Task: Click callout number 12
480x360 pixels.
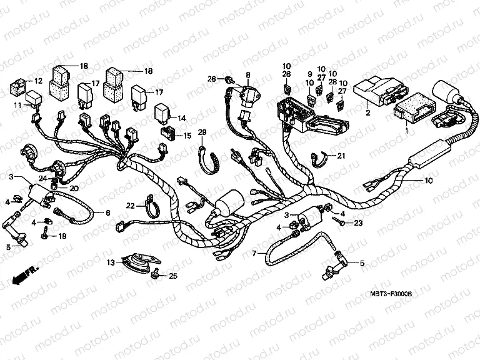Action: click(38, 81)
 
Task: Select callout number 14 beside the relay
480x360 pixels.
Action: click(182, 117)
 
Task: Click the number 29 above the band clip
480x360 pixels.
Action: click(202, 132)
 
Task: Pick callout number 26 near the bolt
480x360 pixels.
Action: click(212, 79)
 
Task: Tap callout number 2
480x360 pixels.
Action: click(368, 112)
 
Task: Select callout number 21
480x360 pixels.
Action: click(341, 156)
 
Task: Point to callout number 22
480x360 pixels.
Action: click(130, 205)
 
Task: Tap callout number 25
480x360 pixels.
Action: click(173, 276)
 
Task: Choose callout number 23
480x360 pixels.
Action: click(358, 222)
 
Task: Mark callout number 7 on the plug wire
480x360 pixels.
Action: click(254, 254)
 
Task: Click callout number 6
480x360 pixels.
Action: click(107, 213)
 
